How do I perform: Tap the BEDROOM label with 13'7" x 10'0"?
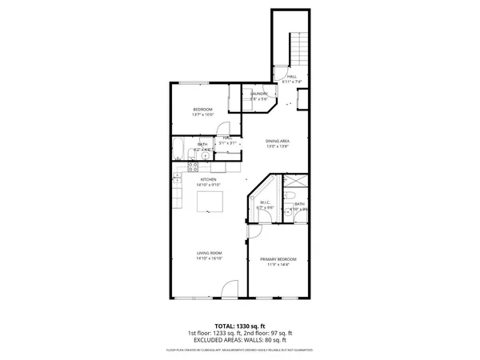(203, 111)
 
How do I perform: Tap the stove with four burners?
(192, 167)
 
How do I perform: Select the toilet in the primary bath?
(293, 194)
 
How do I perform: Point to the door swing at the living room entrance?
(230, 290)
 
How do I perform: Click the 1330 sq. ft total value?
(250, 326)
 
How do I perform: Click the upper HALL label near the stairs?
(290, 78)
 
